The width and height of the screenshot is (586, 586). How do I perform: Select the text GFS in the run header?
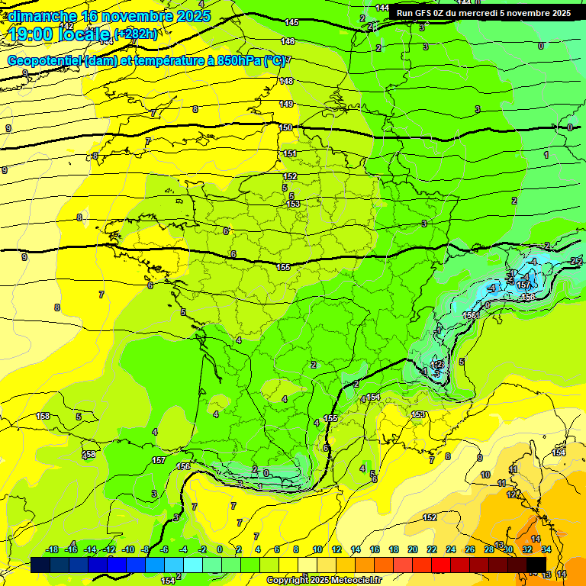tap(423, 13)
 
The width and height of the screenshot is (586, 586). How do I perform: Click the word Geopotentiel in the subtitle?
tap(45, 60)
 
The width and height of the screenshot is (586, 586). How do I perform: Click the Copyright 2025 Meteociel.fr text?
tap(324, 580)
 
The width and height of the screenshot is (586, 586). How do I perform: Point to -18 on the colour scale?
tap(52, 549)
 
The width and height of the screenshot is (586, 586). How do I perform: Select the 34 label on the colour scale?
tap(546, 549)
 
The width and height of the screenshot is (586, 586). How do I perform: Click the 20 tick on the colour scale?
tap(413, 549)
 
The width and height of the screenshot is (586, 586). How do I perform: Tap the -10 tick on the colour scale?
tap(127, 549)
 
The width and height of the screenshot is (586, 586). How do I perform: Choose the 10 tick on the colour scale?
tap(317, 549)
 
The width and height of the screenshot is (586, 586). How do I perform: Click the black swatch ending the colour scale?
tap(536, 565)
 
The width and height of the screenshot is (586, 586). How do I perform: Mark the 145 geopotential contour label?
tap(291, 23)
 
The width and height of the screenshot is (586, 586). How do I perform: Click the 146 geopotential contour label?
tap(288, 42)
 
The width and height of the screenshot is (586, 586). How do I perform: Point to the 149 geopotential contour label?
tap(286, 104)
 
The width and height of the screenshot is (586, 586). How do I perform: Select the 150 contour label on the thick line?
tap(285, 127)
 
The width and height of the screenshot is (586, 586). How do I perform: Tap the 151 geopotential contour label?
tap(290, 153)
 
